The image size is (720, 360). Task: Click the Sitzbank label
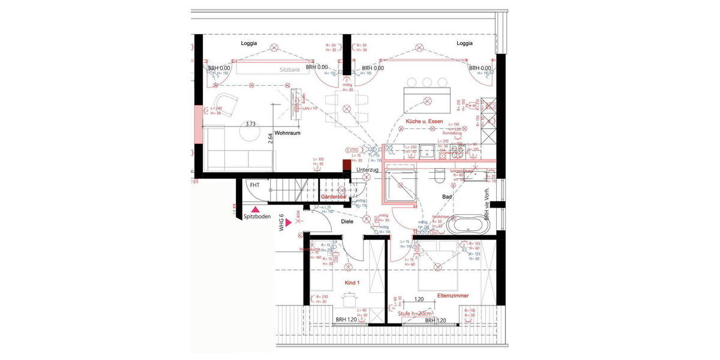tap(290, 70)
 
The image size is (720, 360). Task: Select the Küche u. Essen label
tap(424, 122)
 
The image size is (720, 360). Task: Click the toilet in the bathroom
tap(439, 176)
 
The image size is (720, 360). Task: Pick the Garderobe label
tap(334, 197)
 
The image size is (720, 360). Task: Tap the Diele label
tap(347, 221)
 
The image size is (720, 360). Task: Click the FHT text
tap(255, 185)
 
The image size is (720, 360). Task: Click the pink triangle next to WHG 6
tap(289, 223)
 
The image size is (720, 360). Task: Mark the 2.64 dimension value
tap(271, 137)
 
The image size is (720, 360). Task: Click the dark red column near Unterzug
tap(346, 166)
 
